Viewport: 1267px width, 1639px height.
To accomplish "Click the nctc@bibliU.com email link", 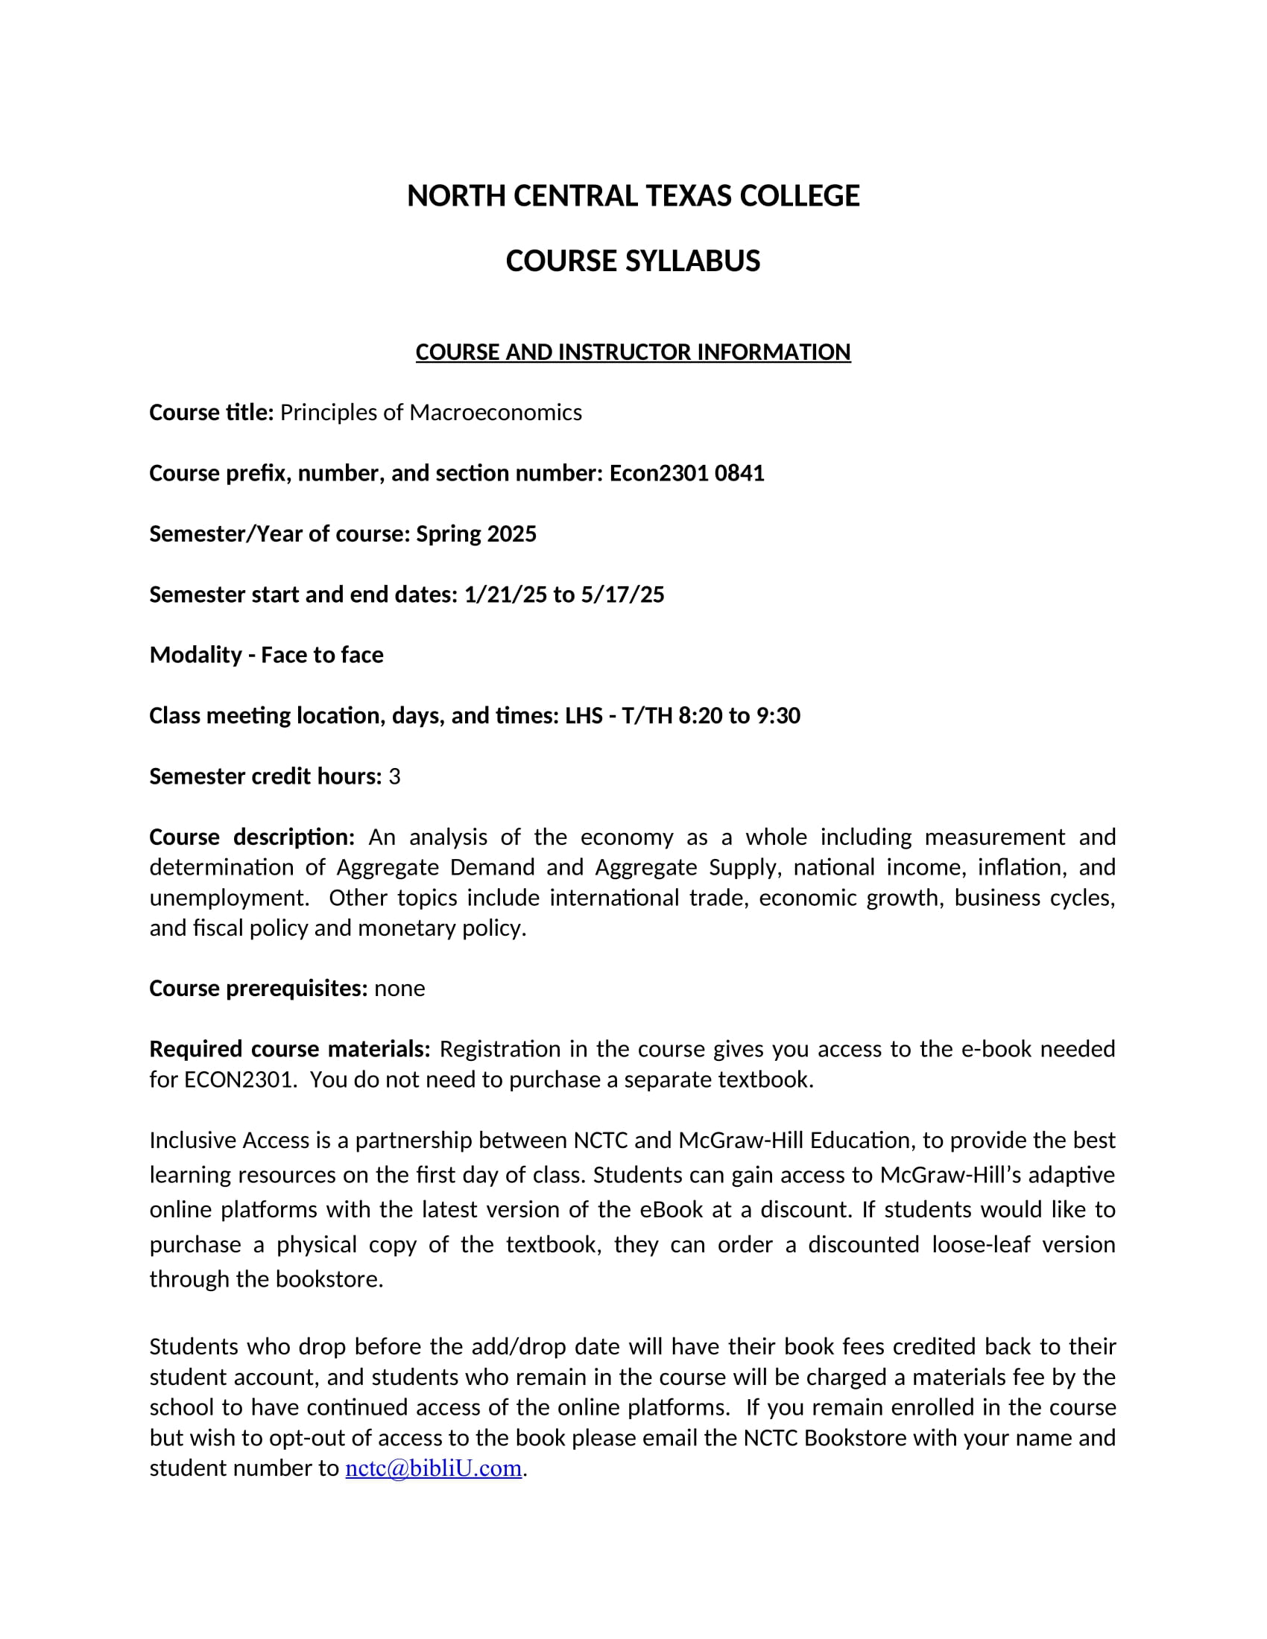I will click(433, 1468).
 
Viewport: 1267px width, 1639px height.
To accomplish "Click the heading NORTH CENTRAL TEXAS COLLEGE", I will click(633, 196).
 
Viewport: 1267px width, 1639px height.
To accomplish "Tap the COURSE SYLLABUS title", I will click(633, 261).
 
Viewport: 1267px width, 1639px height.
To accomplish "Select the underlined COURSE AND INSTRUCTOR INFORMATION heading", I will click(633, 352).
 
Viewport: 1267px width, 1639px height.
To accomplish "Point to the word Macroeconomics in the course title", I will click(496, 413).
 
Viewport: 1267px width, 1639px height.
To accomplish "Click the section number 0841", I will click(739, 474).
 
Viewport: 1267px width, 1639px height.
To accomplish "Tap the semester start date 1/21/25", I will click(505, 595).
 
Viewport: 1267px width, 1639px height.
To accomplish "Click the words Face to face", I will click(322, 655).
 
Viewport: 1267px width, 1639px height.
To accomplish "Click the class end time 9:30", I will click(778, 716).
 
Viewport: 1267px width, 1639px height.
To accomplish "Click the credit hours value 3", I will click(395, 777).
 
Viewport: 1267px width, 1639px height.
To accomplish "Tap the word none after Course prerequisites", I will click(399, 989).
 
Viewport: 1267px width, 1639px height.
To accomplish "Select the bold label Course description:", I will click(251, 837).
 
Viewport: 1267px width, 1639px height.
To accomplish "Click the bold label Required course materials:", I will click(290, 1049).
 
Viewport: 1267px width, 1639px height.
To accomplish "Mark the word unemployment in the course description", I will click(228, 898).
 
